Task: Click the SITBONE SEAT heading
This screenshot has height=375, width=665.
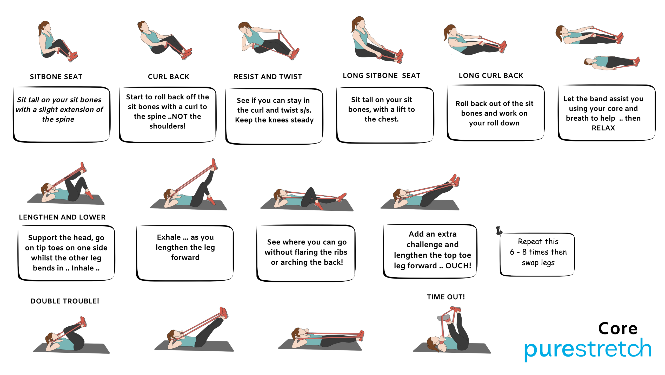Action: [56, 77]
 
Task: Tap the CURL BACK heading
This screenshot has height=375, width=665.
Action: [169, 77]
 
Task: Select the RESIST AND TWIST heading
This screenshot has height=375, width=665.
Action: [268, 77]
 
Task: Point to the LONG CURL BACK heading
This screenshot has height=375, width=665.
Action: [491, 76]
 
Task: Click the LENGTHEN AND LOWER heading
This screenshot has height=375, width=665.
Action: [62, 217]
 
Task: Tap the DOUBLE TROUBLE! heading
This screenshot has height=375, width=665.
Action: [65, 301]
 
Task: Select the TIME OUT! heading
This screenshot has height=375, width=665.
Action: [446, 297]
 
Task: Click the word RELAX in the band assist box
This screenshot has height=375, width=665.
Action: [603, 128]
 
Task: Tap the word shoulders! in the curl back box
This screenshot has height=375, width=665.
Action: [168, 126]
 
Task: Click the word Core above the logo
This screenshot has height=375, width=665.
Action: [618, 328]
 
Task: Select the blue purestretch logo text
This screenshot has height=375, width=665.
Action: [588, 349]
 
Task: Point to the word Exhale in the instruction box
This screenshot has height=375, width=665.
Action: [169, 237]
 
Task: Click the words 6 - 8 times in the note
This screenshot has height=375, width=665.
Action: [532, 252]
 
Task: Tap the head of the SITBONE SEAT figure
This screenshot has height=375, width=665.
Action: [45, 27]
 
